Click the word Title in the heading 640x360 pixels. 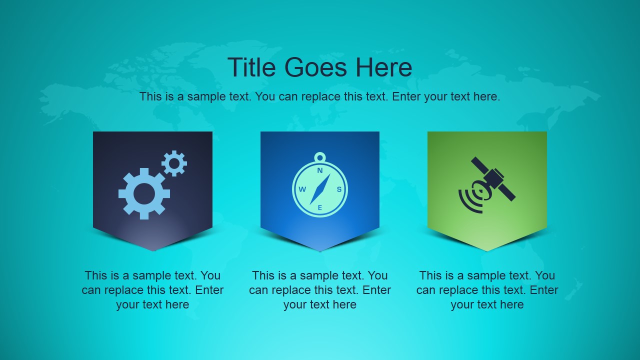(253, 67)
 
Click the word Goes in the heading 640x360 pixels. (316, 67)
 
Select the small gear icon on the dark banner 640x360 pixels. (174, 163)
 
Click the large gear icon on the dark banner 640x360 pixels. (144, 193)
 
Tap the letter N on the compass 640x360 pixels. (320, 170)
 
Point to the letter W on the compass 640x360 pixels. (302, 189)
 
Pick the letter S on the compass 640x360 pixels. (338, 189)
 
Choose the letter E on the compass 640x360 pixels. (320, 207)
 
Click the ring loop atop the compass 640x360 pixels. (320, 157)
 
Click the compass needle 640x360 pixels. (320, 189)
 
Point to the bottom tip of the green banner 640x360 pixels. (487, 250)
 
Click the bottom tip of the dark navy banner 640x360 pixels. (153, 250)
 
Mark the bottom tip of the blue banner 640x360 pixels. (320, 250)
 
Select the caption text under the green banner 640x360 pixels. (487, 290)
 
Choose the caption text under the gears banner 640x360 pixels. (152, 290)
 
